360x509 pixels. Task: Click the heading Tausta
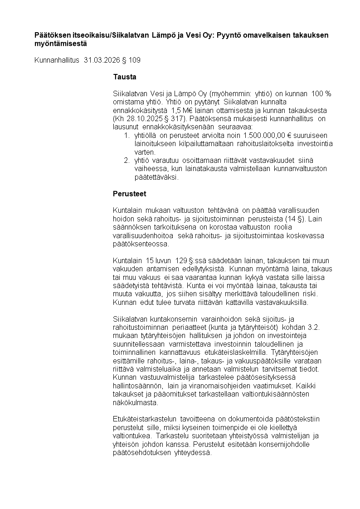click(x=124, y=77)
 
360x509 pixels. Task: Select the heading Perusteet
click(x=129, y=194)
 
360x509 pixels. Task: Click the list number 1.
click(x=126, y=136)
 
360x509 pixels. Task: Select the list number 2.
click(x=126, y=161)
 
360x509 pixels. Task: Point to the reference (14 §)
click(x=295, y=219)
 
